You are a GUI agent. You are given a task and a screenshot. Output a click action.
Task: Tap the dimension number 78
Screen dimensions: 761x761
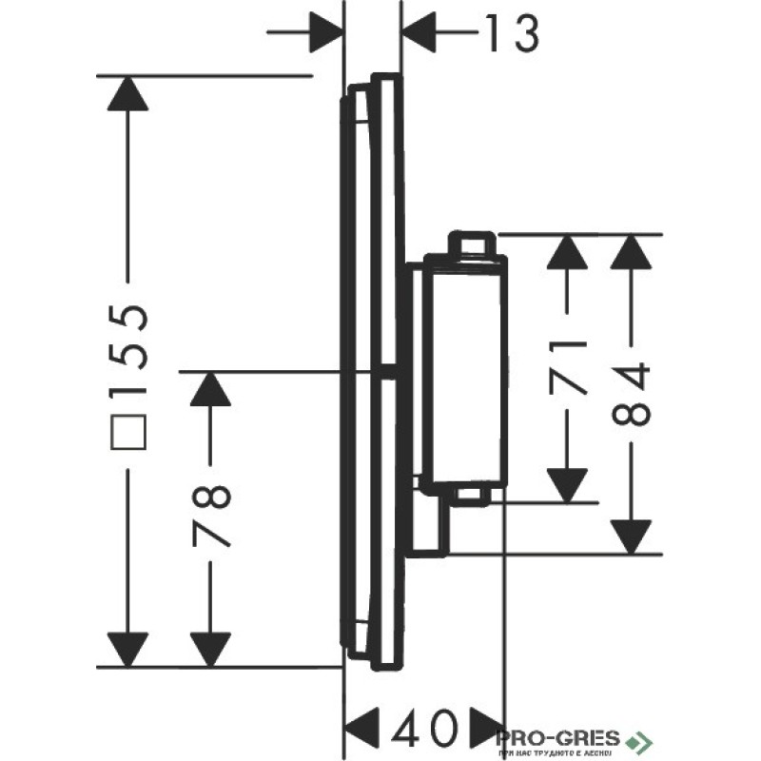click(x=211, y=515)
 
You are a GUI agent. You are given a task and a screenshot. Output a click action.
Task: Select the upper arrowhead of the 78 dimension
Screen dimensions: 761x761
click(x=211, y=393)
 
